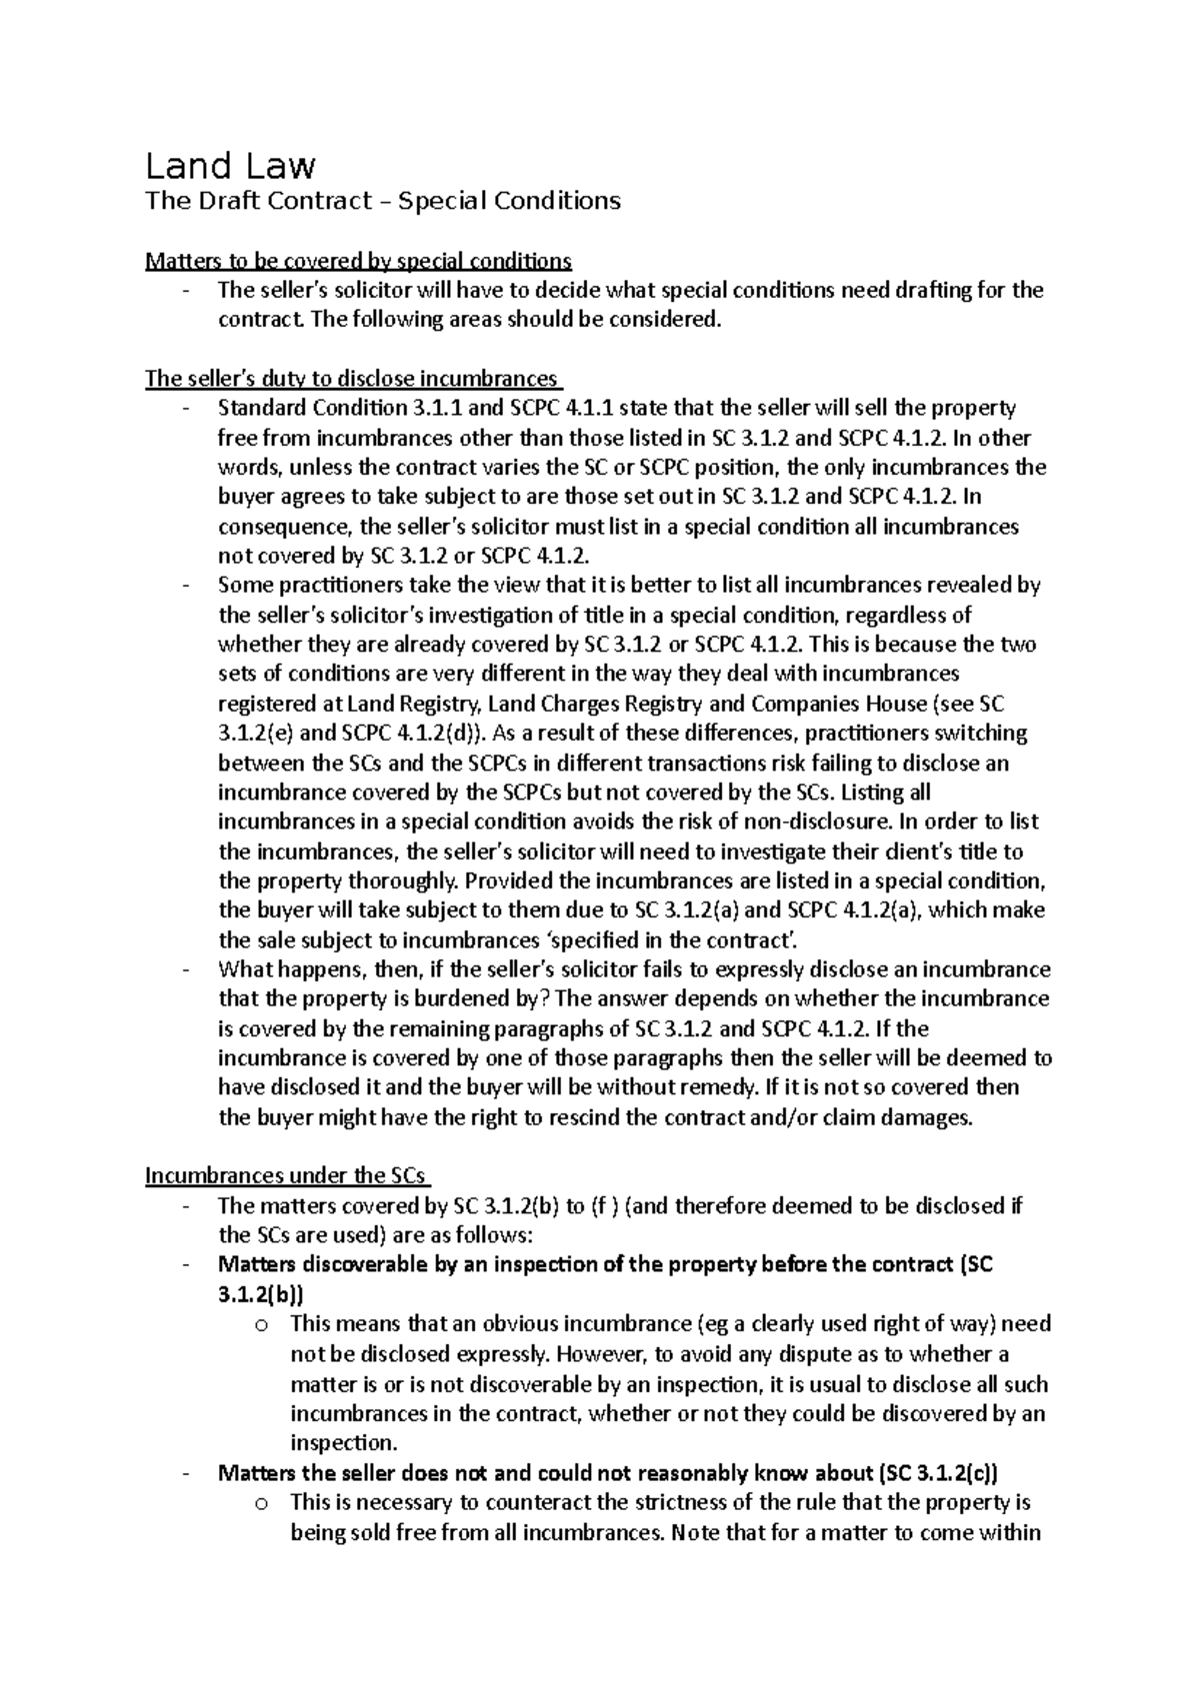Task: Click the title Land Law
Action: [230, 165]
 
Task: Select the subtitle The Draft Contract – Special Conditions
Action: [383, 201]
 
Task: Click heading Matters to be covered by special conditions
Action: [358, 261]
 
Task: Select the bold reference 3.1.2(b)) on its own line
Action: [260, 1294]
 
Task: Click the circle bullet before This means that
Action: [261, 1325]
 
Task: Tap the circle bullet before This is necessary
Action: [261, 1503]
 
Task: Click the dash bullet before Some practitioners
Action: [187, 586]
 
